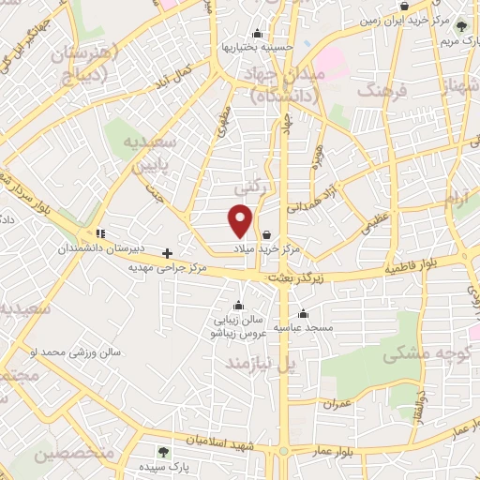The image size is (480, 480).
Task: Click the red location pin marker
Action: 241,219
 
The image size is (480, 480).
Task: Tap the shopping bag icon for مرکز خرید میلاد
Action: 268,235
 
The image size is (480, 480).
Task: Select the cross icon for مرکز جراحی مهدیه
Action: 168,252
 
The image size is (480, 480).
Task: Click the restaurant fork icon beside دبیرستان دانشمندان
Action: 100,233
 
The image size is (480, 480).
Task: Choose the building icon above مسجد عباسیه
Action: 302,314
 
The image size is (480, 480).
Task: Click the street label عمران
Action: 336,404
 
